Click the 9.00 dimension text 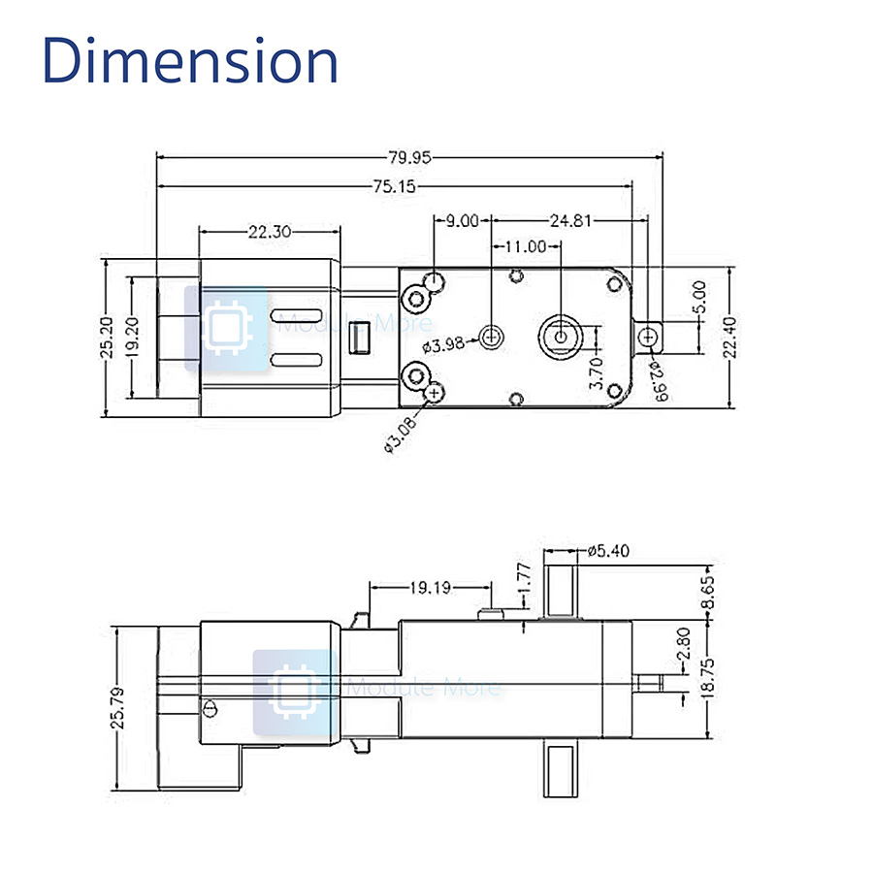click(x=462, y=220)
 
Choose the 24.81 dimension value click(x=569, y=220)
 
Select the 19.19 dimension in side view click(x=429, y=587)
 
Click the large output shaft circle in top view click(x=561, y=335)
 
